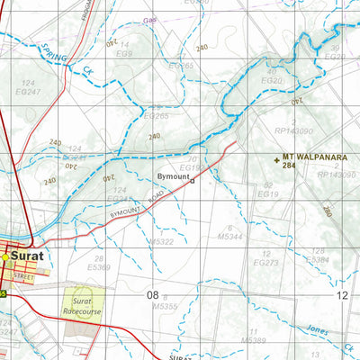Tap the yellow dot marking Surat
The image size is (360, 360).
pyautogui.click(x=5, y=256)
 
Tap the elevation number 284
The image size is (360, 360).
pyautogui.click(x=290, y=166)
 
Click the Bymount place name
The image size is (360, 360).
pyautogui.click(x=172, y=177)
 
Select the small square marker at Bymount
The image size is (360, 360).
pyautogui.click(x=192, y=179)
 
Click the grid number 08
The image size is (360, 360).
pyautogui.click(x=152, y=294)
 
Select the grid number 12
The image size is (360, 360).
pyautogui.click(x=341, y=294)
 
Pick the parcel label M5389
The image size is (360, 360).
pyautogui.click(x=255, y=340)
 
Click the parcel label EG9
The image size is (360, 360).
pyautogui.click(x=124, y=53)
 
